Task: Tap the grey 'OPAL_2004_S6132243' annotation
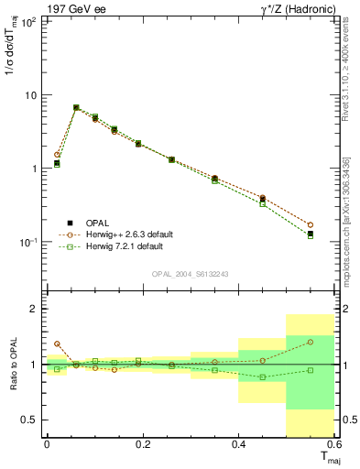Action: point(191,274)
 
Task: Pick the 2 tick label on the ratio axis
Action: point(33,309)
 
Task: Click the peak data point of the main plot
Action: point(76,107)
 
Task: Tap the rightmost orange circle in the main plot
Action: point(310,224)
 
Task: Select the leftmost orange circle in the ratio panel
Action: point(57,344)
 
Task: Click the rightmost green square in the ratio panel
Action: point(310,370)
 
